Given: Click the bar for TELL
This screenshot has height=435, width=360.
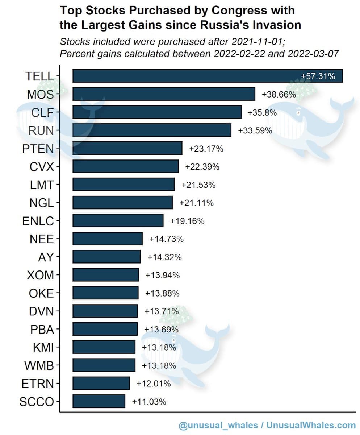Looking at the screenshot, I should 207,76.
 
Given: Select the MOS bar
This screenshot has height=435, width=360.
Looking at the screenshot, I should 164,94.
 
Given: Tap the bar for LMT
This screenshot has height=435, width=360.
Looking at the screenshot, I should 124,185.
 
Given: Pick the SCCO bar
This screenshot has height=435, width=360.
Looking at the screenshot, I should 99,401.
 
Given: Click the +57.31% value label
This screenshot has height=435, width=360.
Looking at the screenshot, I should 318,76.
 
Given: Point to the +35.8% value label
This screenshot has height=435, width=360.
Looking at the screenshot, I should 262,112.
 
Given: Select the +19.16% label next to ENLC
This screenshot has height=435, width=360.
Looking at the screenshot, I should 187,221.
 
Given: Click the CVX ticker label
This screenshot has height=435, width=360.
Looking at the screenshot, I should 42,167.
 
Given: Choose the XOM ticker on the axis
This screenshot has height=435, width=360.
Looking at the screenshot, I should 40,275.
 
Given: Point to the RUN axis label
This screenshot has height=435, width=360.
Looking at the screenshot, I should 41,130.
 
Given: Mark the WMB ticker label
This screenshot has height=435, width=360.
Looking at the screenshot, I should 39,365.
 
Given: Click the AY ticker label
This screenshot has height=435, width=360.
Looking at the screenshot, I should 46,257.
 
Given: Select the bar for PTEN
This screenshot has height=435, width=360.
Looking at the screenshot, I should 127,148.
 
